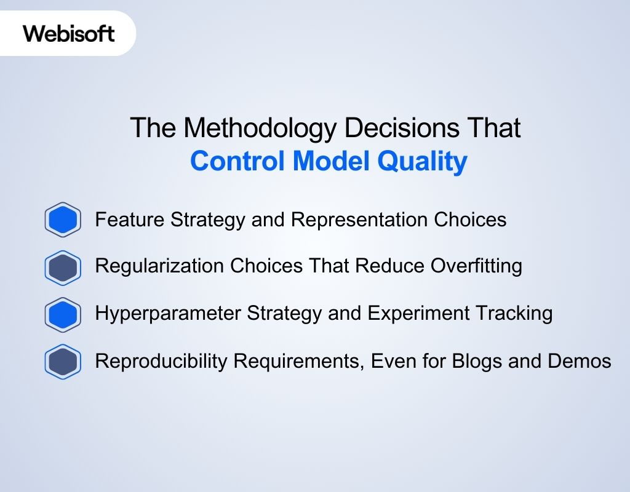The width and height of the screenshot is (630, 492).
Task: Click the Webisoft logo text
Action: coord(69,33)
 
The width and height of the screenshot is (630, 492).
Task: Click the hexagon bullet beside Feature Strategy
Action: coord(63,220)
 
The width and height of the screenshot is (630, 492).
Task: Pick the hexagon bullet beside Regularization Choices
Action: coord(63,268)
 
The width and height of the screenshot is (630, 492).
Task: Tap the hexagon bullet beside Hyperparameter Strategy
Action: coord(63,314)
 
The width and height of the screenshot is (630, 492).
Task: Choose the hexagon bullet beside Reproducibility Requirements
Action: coord(63,362)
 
